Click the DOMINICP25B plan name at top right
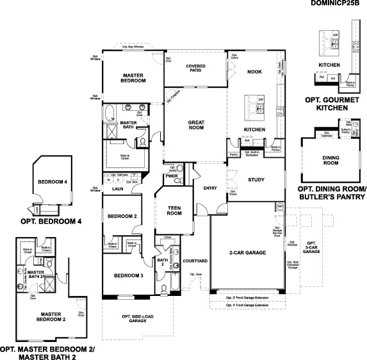338,4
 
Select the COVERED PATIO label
195,69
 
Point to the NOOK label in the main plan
255,72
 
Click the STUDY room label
256,180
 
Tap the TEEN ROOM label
175,211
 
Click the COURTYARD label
195,261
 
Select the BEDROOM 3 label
128,275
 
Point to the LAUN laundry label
117,189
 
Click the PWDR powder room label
171,176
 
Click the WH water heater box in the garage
280,206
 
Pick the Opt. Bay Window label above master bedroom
133,47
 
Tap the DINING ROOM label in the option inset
331,161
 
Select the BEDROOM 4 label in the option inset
53,181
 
